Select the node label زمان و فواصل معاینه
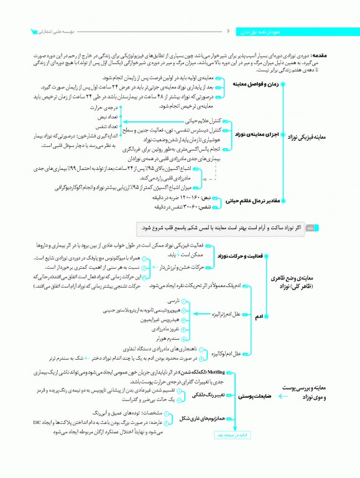pos(255,83)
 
